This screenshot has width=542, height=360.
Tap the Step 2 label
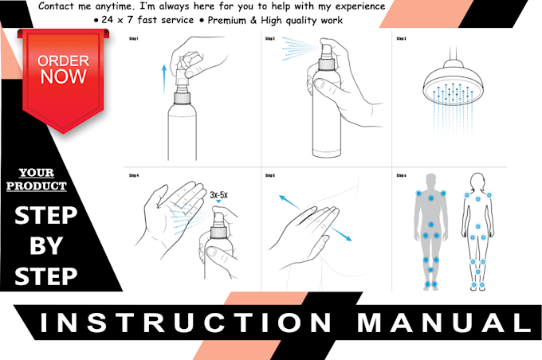coord(270,37)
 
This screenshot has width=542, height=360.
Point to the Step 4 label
coord(133,175)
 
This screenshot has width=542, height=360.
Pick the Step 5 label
coord(270,175)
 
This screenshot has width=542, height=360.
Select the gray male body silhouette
coord(430,231)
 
